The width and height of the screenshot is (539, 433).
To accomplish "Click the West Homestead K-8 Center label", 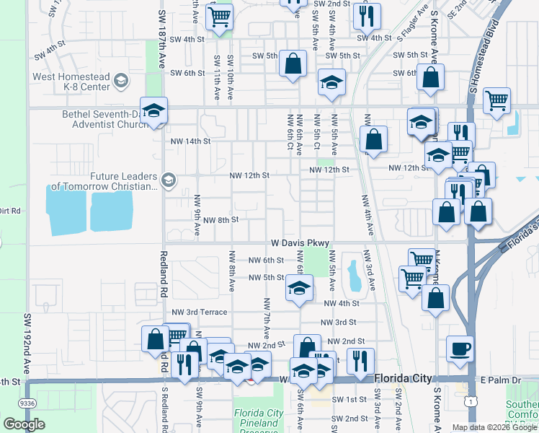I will pos(71,82).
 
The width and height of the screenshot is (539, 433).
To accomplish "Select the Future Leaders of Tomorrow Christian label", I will pos(123,181).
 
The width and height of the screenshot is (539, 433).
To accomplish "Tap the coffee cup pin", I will pos(460,350).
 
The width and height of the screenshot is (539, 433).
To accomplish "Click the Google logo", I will pos(24,424).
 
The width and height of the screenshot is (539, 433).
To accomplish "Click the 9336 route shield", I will pos(28,403).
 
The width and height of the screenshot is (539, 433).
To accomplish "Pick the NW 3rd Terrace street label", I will pos(200,312).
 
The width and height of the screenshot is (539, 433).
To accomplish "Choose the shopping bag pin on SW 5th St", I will pos(293,64).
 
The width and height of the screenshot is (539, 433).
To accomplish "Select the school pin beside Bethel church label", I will pos(153,111).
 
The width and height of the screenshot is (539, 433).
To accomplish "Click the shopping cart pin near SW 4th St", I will pos(219,17).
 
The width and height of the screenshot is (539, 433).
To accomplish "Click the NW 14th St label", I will pos(190,141).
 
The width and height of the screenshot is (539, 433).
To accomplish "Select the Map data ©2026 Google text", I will pos(494,427).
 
